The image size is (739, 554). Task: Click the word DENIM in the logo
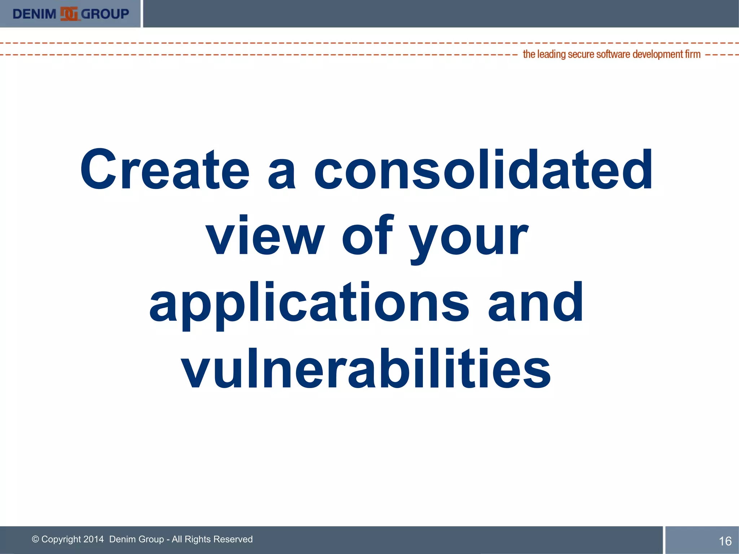pos(34,14)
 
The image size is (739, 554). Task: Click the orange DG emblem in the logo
pos(69,14)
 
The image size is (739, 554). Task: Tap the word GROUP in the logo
pos(105,14)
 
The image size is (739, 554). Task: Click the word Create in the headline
pos(165,170)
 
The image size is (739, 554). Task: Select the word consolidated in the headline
pos(483,170)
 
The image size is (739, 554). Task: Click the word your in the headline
pos(469,238)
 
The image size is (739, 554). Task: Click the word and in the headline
pos(535,302)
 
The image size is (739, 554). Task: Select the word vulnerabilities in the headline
pos(366,369)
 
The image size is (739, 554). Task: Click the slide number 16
pos(725,541)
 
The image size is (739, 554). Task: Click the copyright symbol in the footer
pos(35,539)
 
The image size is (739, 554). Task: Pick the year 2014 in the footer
pos(93,539)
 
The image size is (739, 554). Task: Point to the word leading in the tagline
pos(551,54)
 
